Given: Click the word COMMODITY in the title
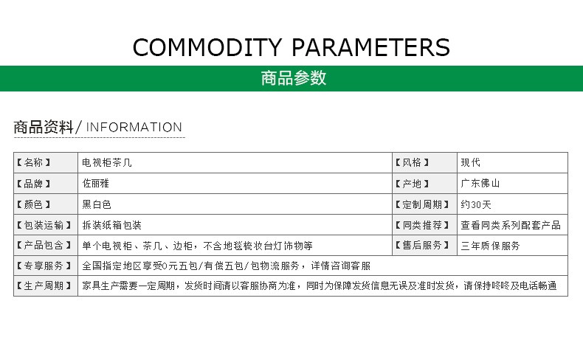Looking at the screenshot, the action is coord(207,47).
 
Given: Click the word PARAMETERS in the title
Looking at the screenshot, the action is coord(370,47).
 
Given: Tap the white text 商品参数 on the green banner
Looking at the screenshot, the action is coord(294,78).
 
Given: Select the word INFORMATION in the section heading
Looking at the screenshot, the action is coord(134,127).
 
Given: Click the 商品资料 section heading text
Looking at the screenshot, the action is coord(44,127).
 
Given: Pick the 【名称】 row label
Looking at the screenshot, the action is coord(33,162).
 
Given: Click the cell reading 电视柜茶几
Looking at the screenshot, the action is coord(107,162).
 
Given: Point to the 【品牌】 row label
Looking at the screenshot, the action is coord(33,184).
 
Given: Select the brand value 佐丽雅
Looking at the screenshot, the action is coord(95,183).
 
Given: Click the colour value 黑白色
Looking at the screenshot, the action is coord(97,204).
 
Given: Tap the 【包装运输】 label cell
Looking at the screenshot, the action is coord(44,225).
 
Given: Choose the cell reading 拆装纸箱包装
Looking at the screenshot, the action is coord(111,225).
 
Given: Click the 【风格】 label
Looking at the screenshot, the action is coord(412,162).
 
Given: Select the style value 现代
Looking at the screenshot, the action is coord(470,162).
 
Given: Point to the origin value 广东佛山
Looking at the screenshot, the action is coord(480,183).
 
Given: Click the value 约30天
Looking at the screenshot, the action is coord(476,204).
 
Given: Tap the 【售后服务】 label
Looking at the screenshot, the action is coord(422,245).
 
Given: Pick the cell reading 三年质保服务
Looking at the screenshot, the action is coord(490,246).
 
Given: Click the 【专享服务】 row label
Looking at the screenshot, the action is coord(44,266).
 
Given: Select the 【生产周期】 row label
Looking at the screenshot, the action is coord(44,285).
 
